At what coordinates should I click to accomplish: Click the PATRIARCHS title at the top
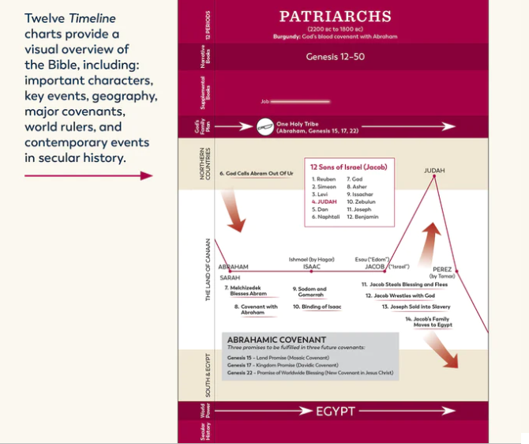tap(336, 17)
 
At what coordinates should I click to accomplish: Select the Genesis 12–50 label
tap(336, 58)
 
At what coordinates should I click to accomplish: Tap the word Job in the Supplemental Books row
tap(264, 101)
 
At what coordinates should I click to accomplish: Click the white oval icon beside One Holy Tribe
tap(265, 126)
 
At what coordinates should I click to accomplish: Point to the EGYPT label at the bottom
tap(336, 412)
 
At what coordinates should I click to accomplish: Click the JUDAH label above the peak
tap(434, 170)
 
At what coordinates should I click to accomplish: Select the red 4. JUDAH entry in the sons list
tap(325, 201)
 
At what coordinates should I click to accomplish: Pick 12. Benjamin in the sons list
tap(363, 216)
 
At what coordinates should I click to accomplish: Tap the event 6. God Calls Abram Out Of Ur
tap(256, 173)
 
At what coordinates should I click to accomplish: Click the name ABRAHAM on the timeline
tap(233, 267)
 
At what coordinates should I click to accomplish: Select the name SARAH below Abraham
tap(230, 278)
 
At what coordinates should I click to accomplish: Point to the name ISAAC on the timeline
tap(312, 267)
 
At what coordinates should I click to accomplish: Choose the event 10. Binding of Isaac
tap(317, 307)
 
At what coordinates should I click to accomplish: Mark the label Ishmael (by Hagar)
tap(312, 258)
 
